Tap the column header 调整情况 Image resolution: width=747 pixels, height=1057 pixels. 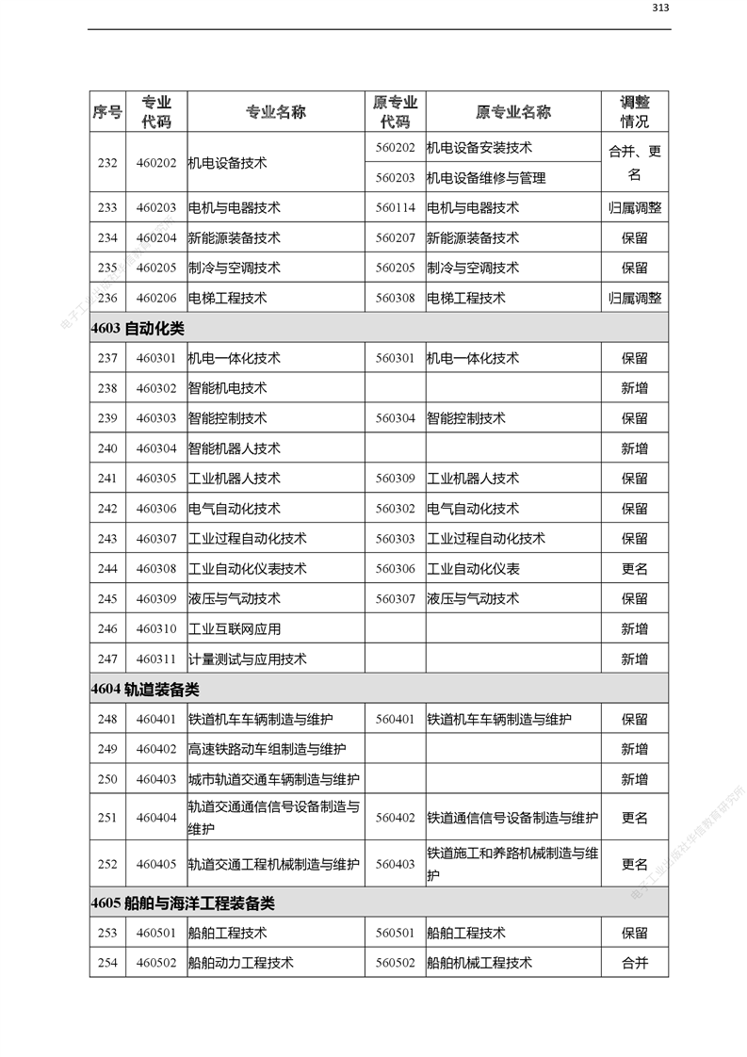(634, 112)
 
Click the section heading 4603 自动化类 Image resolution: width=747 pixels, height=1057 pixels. (138, 328)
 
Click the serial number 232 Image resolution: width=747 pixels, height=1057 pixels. (107, 162)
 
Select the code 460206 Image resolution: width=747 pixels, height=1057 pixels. (155, 298)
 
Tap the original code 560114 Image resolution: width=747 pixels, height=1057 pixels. (395, 207)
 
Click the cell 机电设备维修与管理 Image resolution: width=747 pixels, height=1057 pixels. (486, 177)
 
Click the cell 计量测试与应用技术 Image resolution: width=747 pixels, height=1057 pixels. (248, 659)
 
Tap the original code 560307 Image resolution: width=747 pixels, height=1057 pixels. (395, 598)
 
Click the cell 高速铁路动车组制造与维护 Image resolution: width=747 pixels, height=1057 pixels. (267, 749)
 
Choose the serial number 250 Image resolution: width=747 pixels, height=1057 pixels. (107, 779)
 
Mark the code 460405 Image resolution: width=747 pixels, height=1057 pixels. (155, 864)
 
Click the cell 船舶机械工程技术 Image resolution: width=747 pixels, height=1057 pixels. (479, 962)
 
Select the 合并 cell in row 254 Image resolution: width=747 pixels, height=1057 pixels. (634, 962)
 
